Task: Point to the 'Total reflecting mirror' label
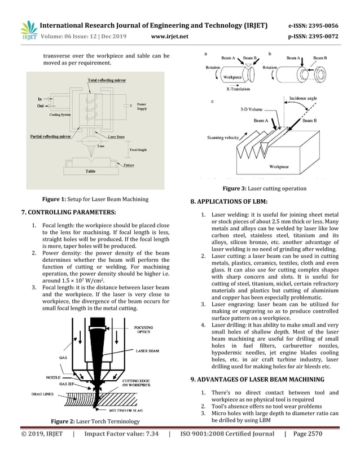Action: [x=107, y=81]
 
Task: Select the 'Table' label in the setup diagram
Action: [x=90, y=171]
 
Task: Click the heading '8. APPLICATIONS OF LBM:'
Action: [x=229, y=202]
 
